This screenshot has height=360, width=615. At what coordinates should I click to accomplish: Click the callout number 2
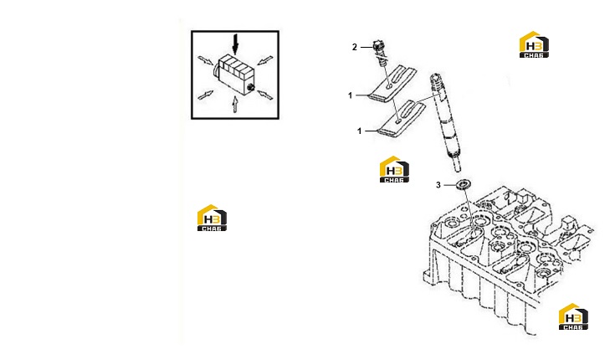click(355, 47)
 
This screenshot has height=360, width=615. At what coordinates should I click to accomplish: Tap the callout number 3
click(438, 185)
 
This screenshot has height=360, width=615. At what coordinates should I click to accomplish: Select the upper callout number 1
click(351, 95)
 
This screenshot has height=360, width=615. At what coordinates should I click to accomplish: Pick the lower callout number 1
click(359, 131)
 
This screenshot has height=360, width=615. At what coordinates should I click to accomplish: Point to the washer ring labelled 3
click(464, 184)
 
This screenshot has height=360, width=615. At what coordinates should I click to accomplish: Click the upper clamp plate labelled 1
click(392, 83)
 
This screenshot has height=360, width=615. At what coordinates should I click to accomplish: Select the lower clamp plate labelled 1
click(401, 120)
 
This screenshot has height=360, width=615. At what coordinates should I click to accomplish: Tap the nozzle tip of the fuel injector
click(457, 166)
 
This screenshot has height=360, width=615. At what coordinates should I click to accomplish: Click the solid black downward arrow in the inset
click(235, 44)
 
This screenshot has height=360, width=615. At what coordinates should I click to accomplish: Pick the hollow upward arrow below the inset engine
click(234, 104)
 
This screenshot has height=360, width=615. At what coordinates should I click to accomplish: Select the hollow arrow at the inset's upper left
click(206, 61)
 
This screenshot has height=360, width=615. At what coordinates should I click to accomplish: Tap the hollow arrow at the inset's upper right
click(265, 60)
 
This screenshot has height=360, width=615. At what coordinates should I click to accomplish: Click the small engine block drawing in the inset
click(233, 75)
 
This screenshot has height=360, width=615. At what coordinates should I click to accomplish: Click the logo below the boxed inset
click(212, 218)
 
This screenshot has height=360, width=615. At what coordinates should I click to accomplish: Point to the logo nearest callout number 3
click(394, 169)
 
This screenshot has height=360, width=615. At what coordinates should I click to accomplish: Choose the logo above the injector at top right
click(534, 44)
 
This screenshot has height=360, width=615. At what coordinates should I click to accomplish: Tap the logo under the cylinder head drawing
click(573, 316)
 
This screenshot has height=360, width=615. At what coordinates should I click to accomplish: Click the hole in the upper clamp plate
click(389, 86)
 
